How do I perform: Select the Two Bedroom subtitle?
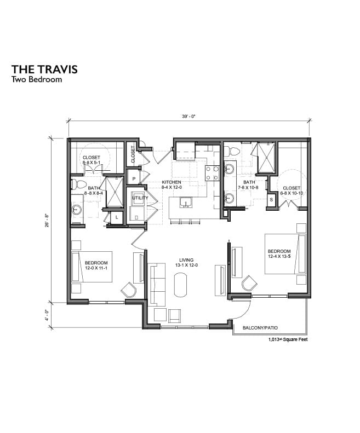tap(36, 79)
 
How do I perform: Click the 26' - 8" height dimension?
tap(47, 221)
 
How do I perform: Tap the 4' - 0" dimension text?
tap(47, 315)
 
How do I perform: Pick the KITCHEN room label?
tap(171, 182)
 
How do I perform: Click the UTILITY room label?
tap(140, 197)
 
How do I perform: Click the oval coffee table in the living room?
tap(181, 284)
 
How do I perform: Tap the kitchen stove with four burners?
tap(212, 173)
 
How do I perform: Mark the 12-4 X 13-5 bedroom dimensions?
tap(280, 256)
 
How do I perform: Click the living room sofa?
tap(157, 284)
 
